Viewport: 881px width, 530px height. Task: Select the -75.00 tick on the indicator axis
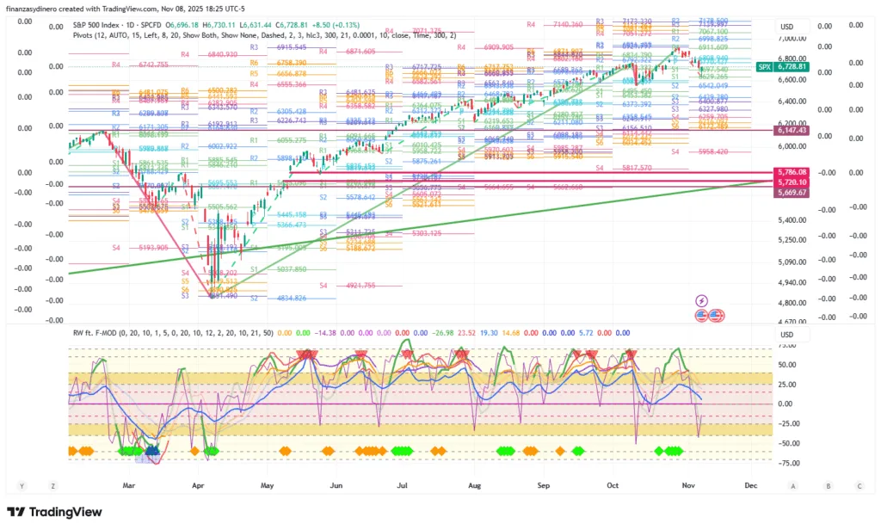tap(787, 463)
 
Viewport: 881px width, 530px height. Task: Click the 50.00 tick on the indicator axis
tap(787, 364)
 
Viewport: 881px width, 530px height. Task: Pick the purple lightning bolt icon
tap(701, 300)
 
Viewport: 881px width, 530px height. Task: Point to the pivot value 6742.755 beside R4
tap(148, 65)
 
